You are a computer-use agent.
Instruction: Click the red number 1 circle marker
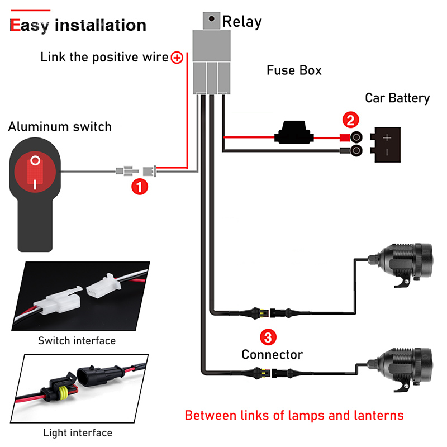(139, 187)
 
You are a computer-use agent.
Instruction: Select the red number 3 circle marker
(268, 337)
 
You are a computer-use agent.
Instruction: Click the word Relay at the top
(242, 22)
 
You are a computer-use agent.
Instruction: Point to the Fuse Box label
(294, 70)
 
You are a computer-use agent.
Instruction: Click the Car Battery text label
(397, 98)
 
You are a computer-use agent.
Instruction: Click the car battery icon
(389, 144)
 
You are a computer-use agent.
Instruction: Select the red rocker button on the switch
(36, 172)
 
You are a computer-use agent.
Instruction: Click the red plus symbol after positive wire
(177, 57)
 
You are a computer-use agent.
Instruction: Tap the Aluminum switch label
(60, 127)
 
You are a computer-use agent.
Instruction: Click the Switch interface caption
(77, 340)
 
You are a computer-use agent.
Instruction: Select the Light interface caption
(78, 432)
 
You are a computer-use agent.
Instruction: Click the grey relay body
(211, 61)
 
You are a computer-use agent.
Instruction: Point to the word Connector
(272, 354)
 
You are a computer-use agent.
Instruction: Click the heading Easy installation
(78, 25)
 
